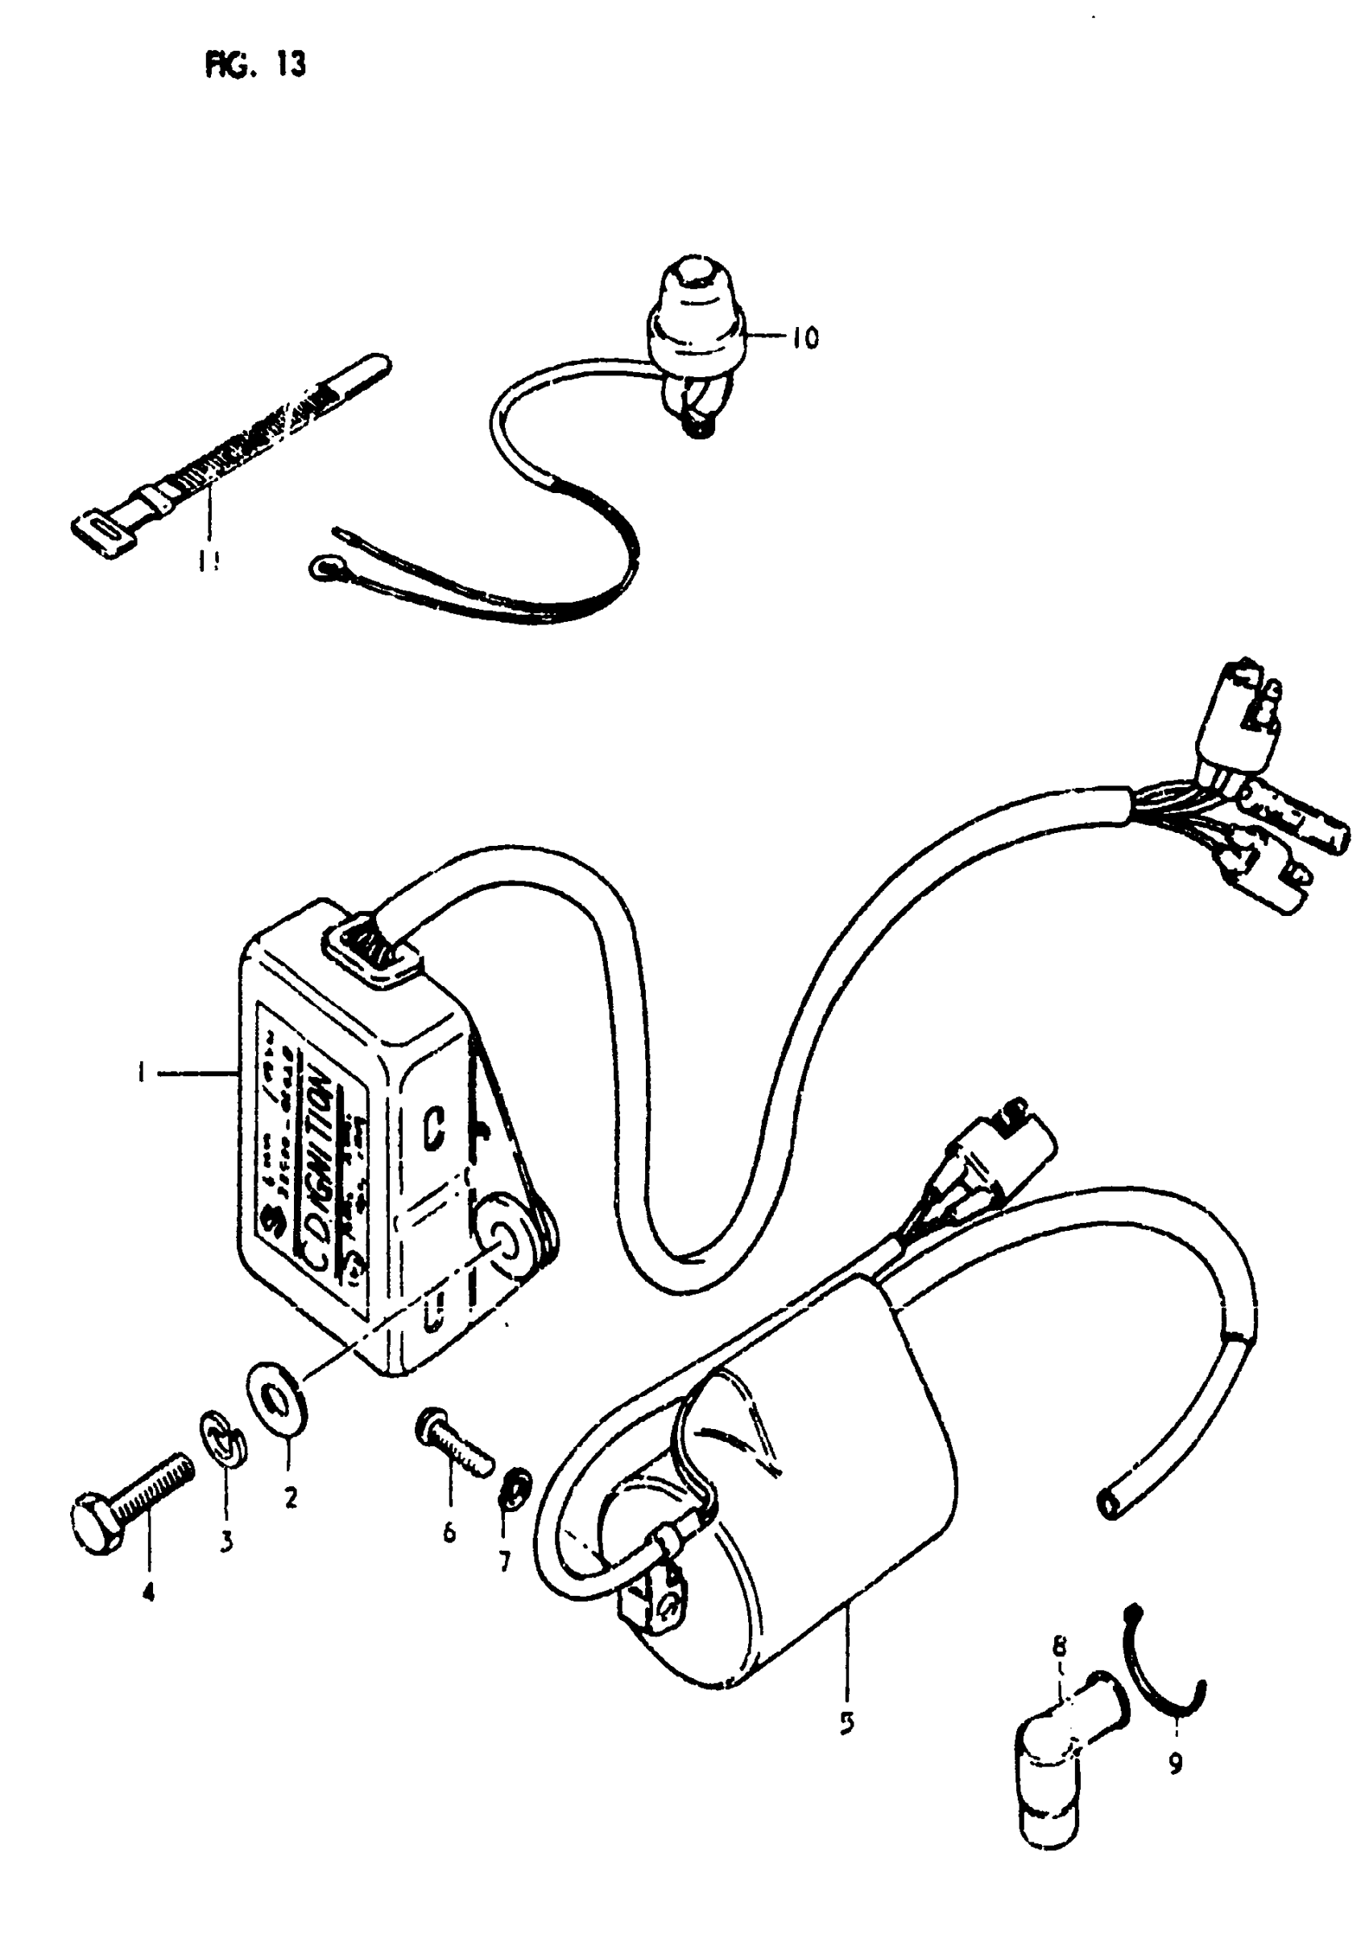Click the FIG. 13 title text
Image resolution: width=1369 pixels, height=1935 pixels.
tap(254, 65)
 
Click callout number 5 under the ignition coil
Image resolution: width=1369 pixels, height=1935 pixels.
tap(846, 1722)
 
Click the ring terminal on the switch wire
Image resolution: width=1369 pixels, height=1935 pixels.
tap(321, 567)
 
